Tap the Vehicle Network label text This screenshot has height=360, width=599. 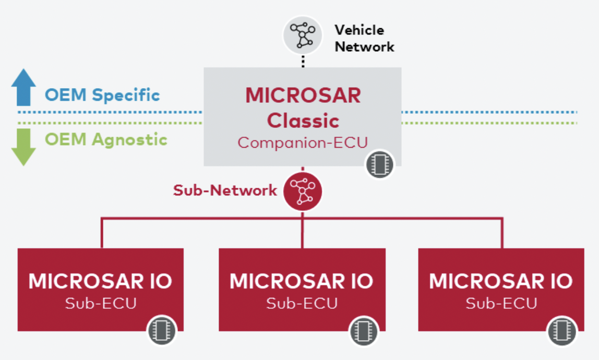(x=364, y=38)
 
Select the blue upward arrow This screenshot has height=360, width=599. (x=23, y=87)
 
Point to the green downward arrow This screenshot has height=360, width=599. (x=23, y=148)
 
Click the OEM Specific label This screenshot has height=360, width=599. (x=102, y=95)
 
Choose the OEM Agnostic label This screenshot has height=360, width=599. (x=106, y=140)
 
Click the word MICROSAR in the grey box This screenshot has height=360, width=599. (x=303, y=95)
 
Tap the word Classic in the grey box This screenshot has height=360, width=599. (x=303, y=121)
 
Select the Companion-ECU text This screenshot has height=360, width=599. (x=303, y=142)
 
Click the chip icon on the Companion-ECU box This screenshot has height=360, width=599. (x=379, y=164)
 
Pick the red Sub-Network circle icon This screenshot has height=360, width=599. (x=303, y=191)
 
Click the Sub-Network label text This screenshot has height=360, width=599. (x=225, y=190)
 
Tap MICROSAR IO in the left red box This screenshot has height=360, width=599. (x=100, y=281)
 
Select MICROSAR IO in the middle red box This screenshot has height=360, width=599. (x=302, y=281)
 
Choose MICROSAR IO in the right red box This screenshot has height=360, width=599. (x=501, y=281)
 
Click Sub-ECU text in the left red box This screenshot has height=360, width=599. (x=100, y=303)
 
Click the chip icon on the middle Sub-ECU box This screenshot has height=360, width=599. (x=362, y=330)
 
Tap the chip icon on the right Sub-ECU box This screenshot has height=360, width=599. (x=562, y=330)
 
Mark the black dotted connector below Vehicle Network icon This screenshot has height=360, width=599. (x=303, y=59)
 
